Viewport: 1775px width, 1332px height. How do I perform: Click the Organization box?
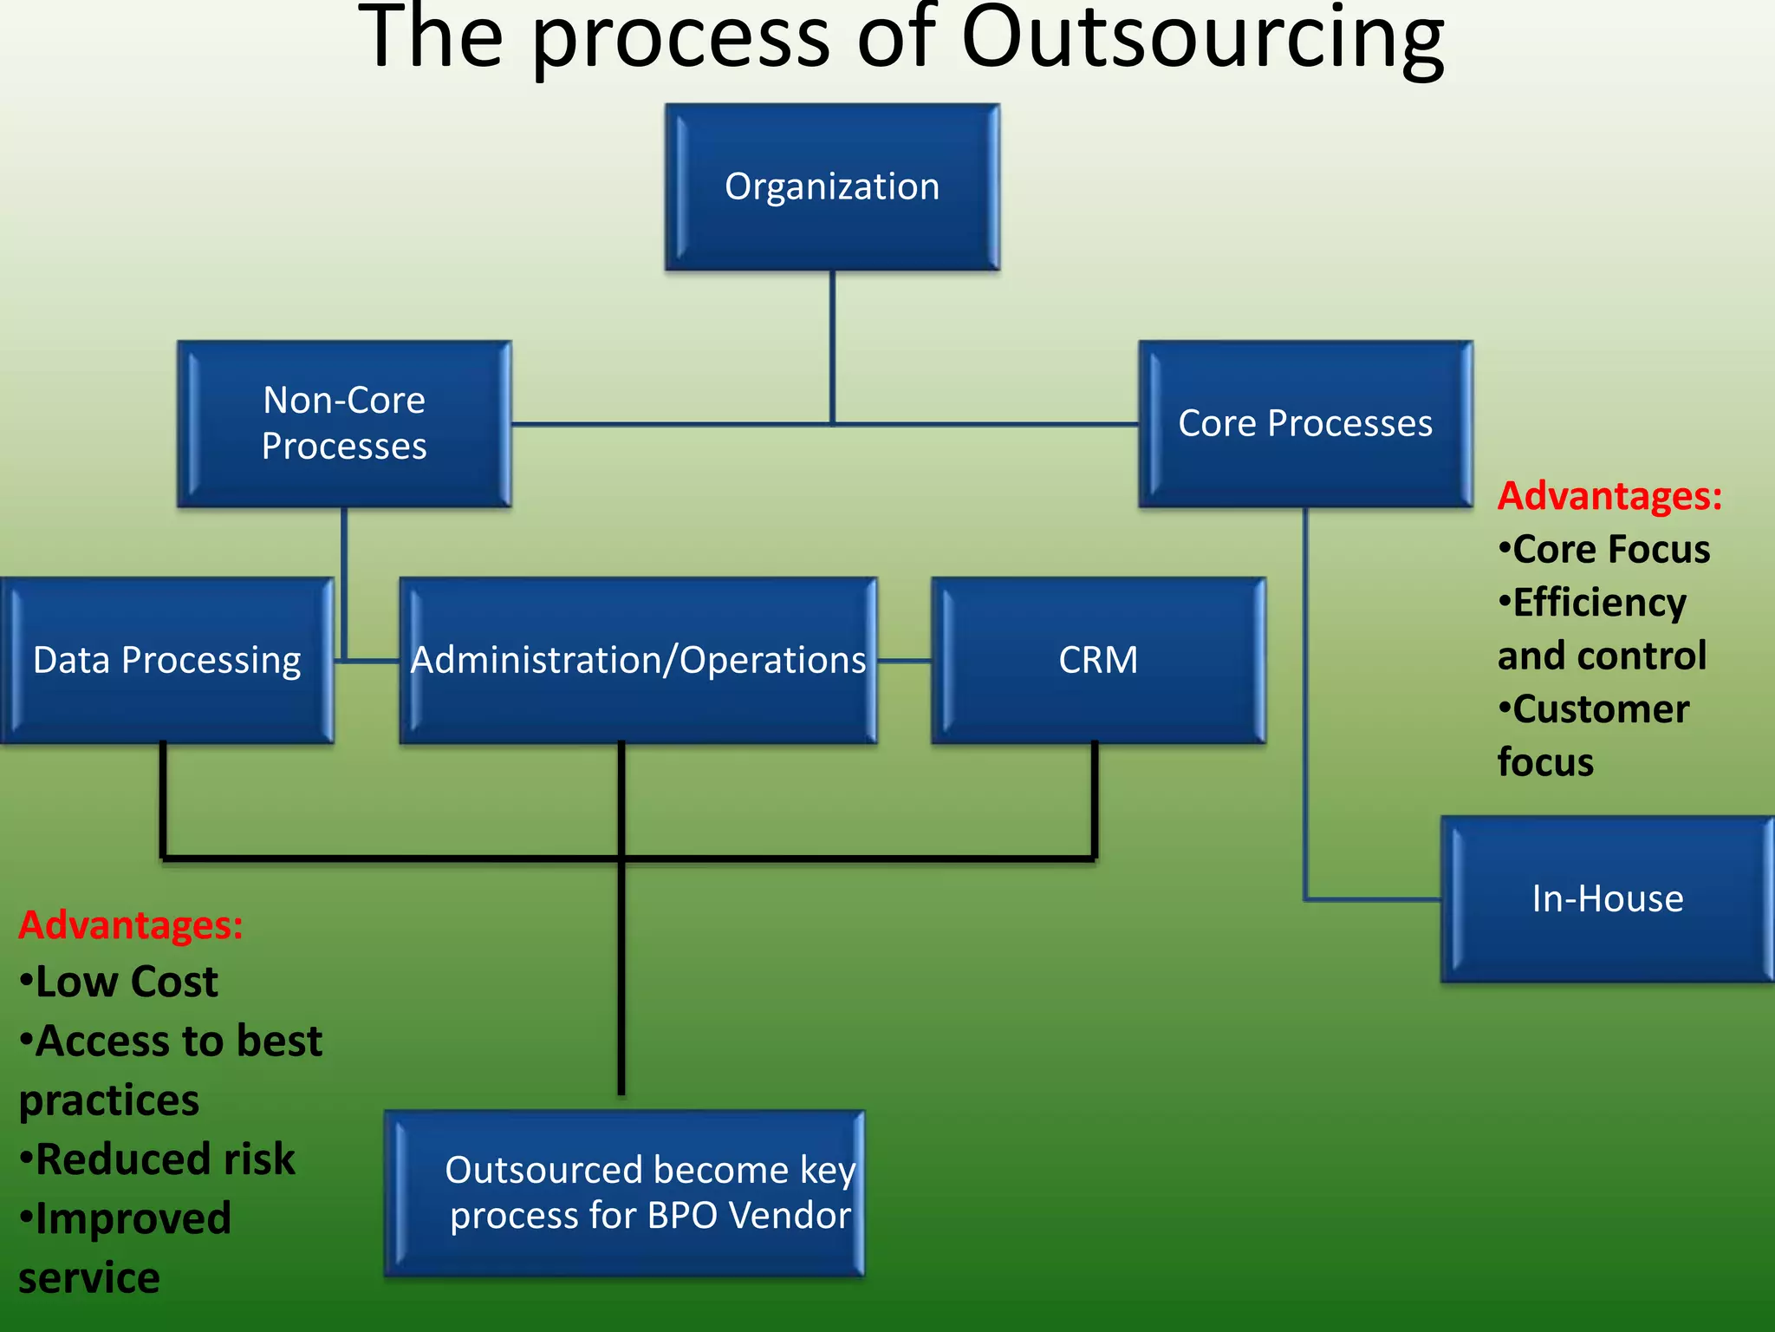(x=832, y=186)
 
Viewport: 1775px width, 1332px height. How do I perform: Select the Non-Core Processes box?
(x=344, y=423)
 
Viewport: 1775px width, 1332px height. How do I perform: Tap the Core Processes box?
(x=1305, y=423)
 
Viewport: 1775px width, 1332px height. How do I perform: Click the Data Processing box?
(x=166, y=660)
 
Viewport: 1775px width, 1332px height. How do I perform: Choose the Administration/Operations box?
(x=638, y=660)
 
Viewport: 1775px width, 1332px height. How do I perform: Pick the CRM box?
(x=1098, y=660)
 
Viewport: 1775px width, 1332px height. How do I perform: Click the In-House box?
(x=1608, y=898)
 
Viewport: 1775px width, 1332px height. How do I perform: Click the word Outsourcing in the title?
(x=1203, y=39)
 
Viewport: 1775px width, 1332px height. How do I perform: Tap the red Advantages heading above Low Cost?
(x=131, y=924)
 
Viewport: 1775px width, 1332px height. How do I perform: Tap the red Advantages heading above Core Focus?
(x=1609, y=496)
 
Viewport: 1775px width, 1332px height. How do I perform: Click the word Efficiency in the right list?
(x=1599, y=603)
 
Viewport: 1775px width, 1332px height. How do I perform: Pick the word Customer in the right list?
(x=1600, y=709)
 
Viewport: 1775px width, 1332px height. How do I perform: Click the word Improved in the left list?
(x=133, y=1218)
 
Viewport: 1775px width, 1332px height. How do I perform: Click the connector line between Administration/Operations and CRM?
(x=904, y=661)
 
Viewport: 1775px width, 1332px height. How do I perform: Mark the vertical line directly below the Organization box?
(x=833, y=347)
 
